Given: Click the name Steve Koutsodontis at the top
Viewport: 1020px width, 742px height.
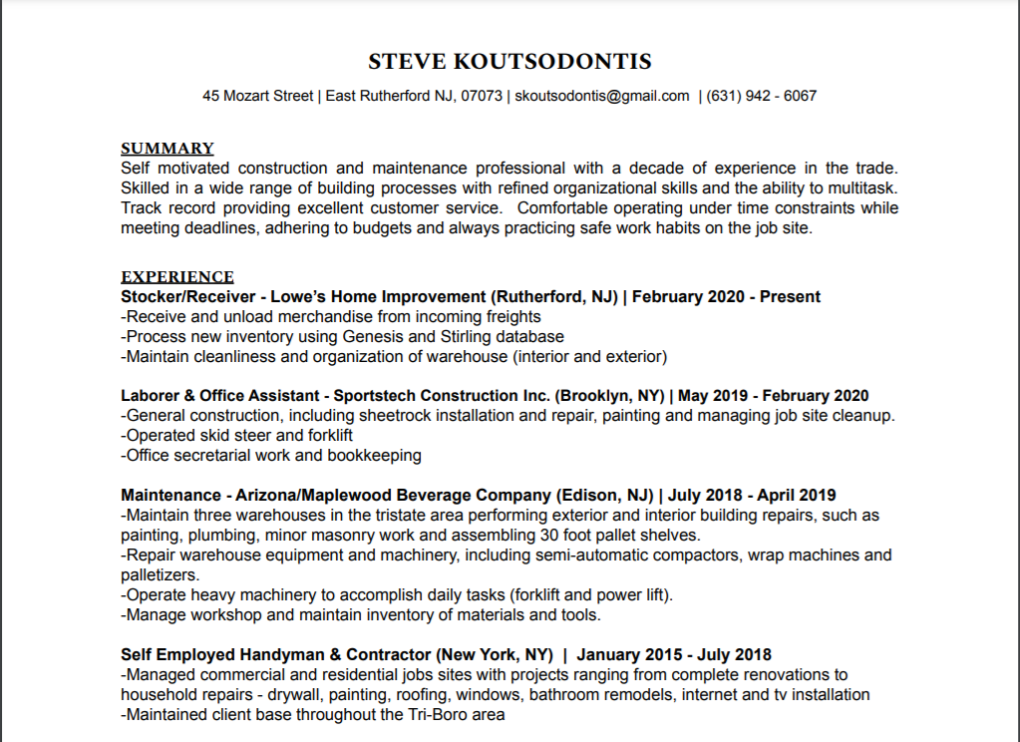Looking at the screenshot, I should click(510, 62).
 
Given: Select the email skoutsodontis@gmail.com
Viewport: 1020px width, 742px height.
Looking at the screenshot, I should click(602, 96).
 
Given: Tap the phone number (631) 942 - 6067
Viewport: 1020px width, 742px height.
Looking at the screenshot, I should click(761, 96).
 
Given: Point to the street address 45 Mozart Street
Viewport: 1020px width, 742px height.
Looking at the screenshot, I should click(258, 96).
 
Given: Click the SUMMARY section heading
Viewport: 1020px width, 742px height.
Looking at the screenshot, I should click(168, 149).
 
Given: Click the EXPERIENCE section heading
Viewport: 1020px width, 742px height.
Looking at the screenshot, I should click(177, 277).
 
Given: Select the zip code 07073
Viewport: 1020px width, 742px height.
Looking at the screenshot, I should click(482, 96).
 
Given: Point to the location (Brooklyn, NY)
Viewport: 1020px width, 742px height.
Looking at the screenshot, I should click(608, 396).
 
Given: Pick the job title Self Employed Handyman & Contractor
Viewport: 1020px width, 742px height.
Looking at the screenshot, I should click(277, 655).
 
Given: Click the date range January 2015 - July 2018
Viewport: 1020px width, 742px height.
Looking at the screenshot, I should click(674, 655).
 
